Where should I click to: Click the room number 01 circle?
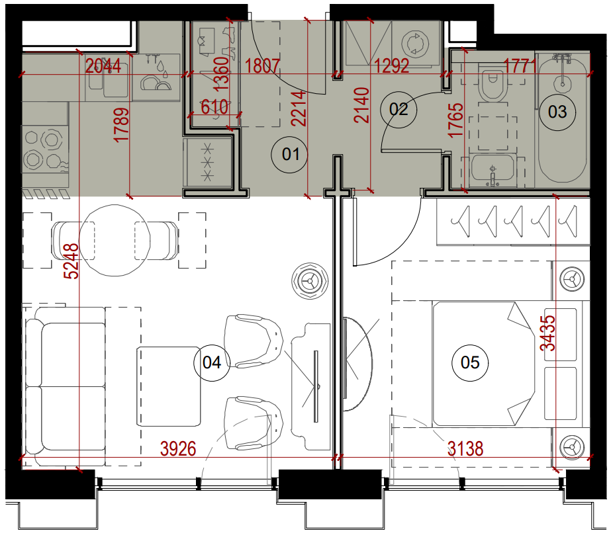(290, 155)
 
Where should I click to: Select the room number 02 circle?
(399, 109)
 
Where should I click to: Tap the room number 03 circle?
(557, 112)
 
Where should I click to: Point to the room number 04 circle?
(212, 363)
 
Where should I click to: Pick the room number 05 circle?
(470, 363)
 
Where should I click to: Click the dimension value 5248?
(72, 261)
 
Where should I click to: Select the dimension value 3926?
(178, 449)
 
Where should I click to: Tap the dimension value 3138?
(465, 449)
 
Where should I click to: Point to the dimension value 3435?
(548, 333)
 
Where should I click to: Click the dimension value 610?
(214, 106)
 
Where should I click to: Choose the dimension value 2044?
(103, 66)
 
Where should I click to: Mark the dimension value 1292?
(392, 66)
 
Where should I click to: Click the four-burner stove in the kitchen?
(45, 149)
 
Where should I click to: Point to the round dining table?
(115, 240)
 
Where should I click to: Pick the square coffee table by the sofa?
(169, 386)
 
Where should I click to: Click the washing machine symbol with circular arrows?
(415, 43)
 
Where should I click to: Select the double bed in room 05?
(483, 363)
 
